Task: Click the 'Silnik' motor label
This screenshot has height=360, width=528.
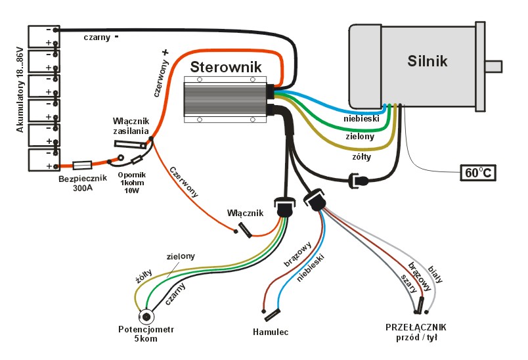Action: (x=427, y=60)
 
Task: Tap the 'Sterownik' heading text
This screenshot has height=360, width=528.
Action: (x=226, y=66)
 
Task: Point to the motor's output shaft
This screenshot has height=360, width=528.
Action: (x=493, y=66)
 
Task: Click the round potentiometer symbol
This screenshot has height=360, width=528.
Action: (x=144, y=315)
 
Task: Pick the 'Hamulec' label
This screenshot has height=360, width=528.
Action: (x=271, y=331)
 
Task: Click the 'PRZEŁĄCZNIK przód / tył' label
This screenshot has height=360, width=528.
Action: (x=416, y=332)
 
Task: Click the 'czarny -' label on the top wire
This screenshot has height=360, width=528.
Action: (x=101, y=37)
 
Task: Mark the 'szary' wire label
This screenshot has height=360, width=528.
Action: (x=408, y=283)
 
